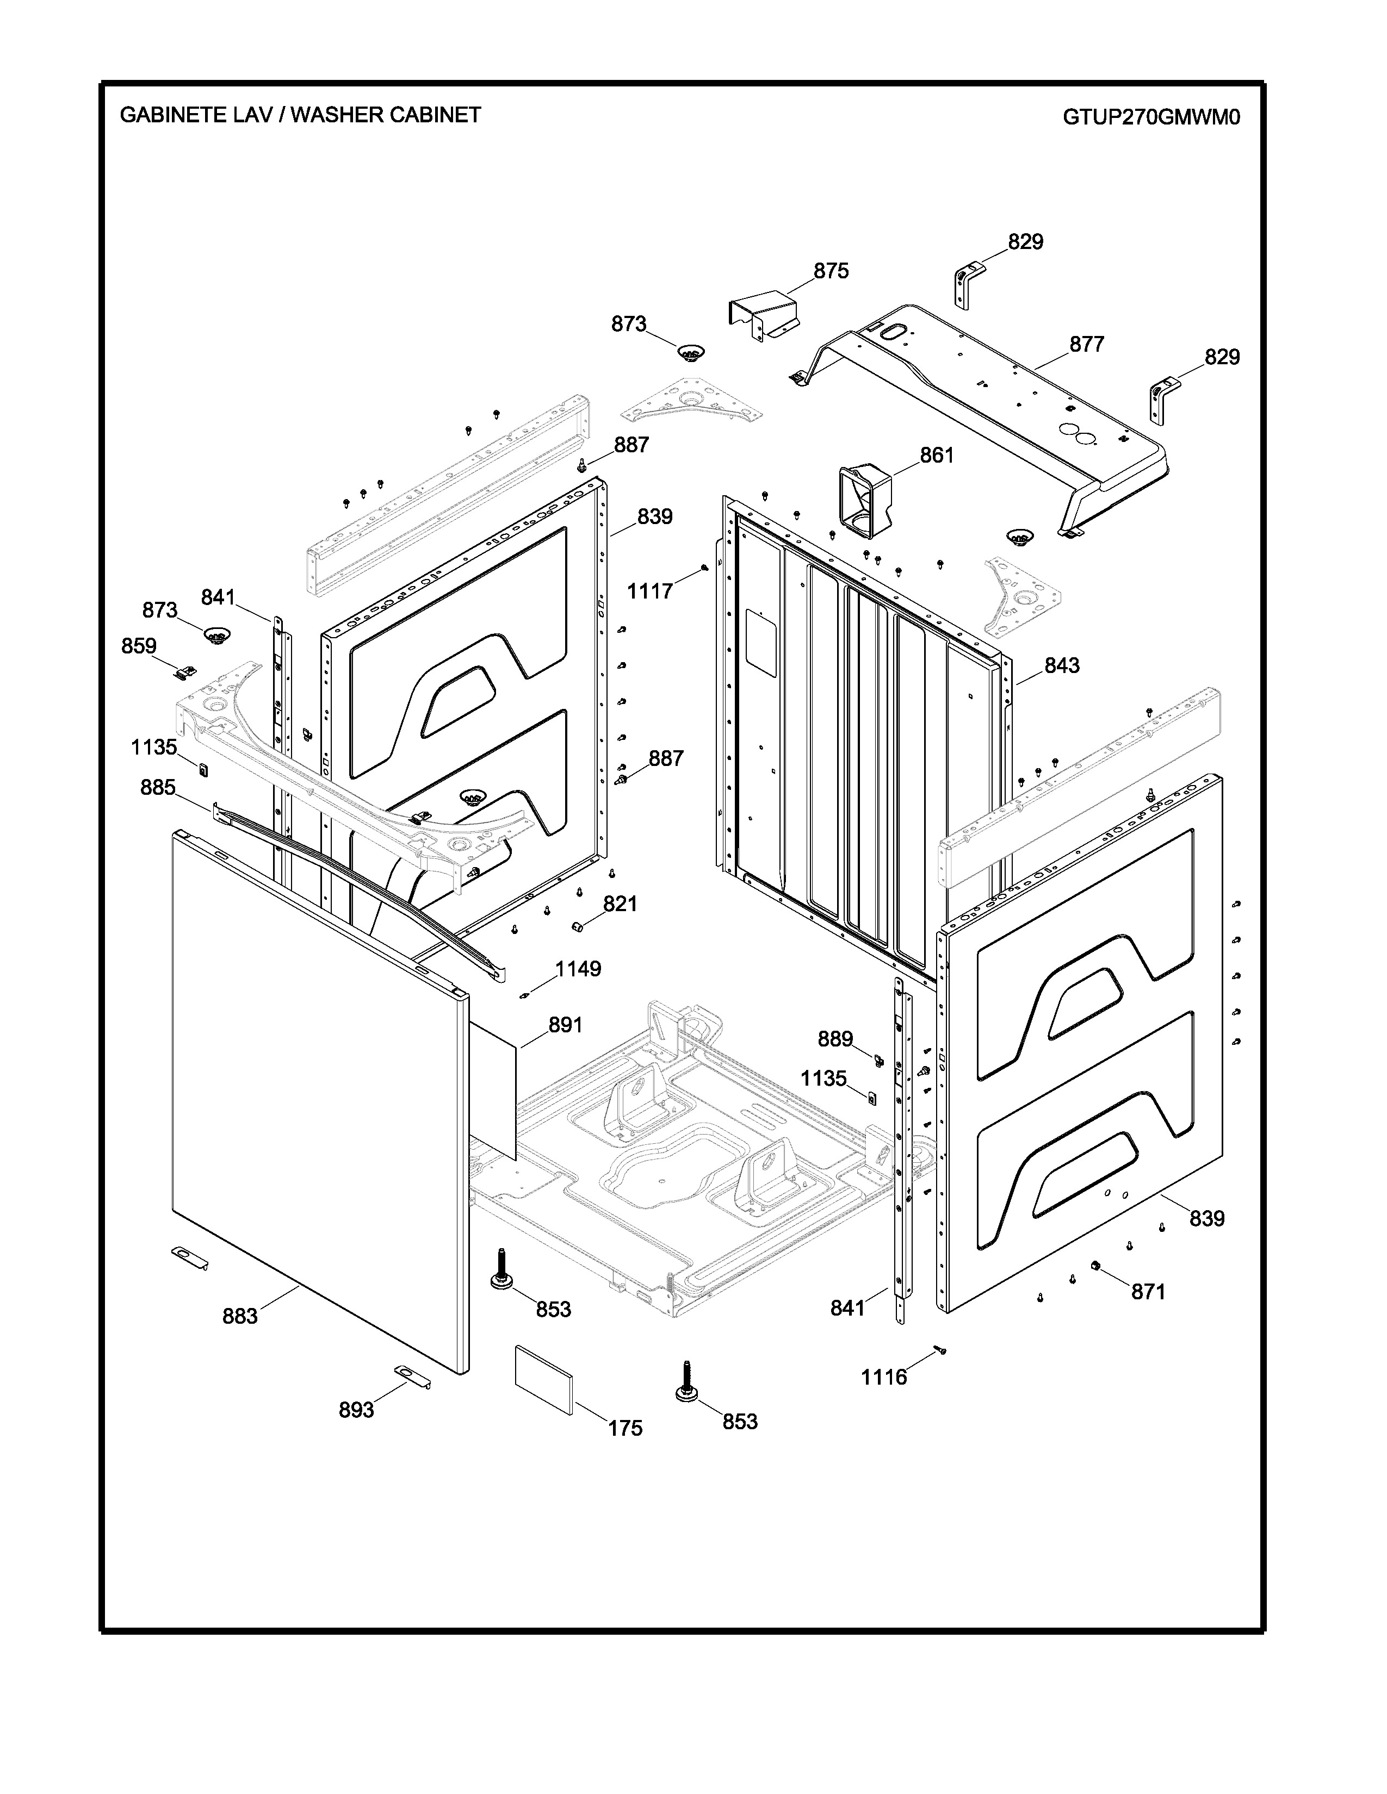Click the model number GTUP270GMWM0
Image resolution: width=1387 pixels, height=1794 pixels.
(1151, 117)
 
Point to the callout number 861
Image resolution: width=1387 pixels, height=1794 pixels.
(937, 455)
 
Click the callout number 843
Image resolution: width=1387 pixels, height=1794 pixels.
(1062, 665)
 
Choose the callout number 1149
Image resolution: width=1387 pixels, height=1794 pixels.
(579, 969)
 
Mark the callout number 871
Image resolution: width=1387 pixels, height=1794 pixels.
(1149, 1293)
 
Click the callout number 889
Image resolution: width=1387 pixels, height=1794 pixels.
(835, 1040)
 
